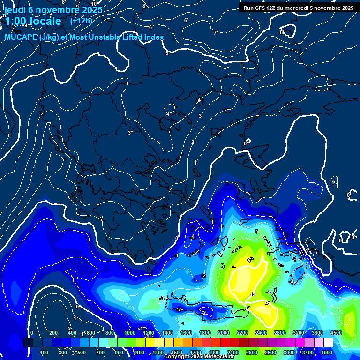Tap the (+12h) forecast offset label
tap(81, 21)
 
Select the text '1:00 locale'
tap(33, 21)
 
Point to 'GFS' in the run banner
tap(261, 8)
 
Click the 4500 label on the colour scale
tap(336, 333)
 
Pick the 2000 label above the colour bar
tap(224, 333)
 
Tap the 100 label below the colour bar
tap(44, 352)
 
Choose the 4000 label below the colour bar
tap(327, 352)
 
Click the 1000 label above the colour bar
tap(130, 333)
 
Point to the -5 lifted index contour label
tap(253, 294)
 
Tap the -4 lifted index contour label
tap(268, 292)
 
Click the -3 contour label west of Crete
tap(162, 298)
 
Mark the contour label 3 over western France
tap(129, 133)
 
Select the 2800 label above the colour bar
tap(280, 333)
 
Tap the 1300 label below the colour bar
tap(158, 352)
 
